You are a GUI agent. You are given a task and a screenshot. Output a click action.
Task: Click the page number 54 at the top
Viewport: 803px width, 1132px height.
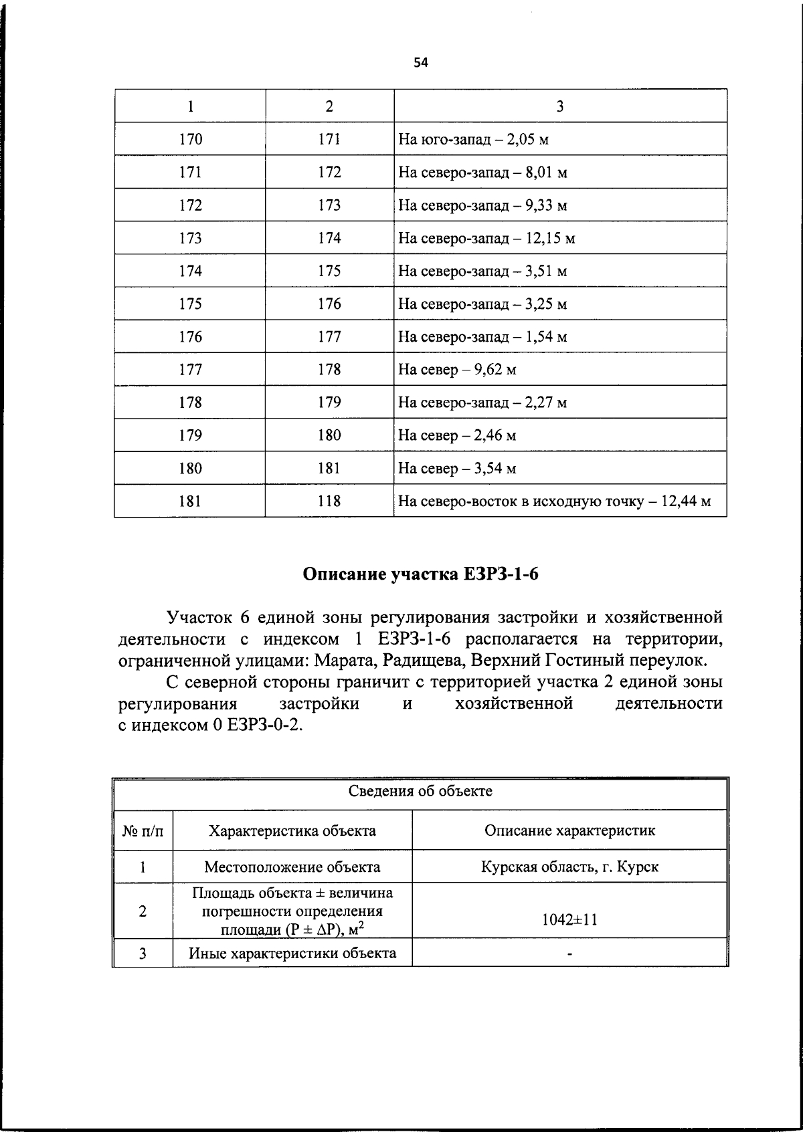[420, 63]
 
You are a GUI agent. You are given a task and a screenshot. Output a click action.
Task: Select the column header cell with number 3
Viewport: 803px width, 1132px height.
[559, 106]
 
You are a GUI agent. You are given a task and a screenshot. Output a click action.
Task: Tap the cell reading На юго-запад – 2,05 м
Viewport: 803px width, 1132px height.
[473, 140]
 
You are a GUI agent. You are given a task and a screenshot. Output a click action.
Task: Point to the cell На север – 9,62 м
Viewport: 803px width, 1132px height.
[457, 370]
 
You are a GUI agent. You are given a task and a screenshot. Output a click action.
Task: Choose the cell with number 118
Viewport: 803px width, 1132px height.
[329, 501]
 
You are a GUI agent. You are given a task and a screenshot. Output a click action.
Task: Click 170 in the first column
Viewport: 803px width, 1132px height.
[190, 140]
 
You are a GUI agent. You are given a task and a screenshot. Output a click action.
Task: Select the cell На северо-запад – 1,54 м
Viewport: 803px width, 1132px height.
[482, 337]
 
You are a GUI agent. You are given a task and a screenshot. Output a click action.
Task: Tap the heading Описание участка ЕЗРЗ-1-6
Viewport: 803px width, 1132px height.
[420, 574]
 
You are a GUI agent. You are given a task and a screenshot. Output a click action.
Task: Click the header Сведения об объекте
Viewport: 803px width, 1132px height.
[420, 792]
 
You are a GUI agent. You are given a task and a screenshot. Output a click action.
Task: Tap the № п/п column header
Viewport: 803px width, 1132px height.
[143, 831]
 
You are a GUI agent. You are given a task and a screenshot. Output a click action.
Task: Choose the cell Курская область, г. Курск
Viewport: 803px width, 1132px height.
[569, 867]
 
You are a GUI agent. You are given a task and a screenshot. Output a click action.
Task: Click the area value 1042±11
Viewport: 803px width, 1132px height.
[569, 919]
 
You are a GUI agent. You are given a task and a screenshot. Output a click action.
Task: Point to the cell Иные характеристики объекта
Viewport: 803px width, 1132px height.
[292, 953]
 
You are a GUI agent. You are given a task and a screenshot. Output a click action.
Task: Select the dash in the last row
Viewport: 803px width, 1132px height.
[569, 954]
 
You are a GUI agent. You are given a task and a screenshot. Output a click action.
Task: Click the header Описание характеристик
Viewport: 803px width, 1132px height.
[569, 831]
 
